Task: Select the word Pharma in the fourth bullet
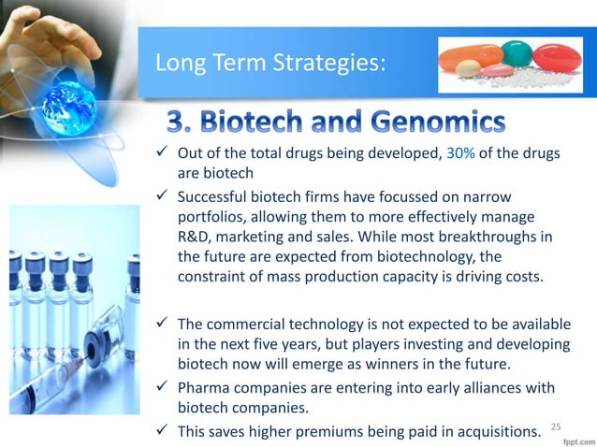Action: tap(201, 387)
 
